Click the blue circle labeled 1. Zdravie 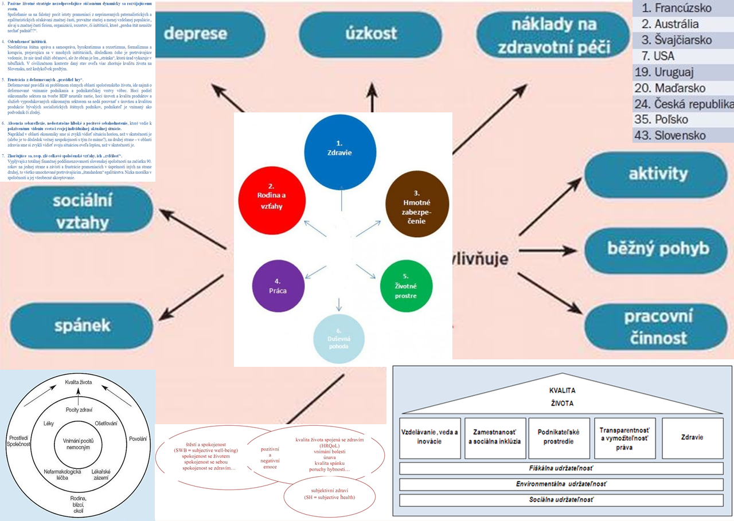pyautogui.click(x=341, y=148)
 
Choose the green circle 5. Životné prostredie pyautogui.click(x=405, y=286)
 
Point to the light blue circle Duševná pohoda pyautogui.click(x=339, y=339)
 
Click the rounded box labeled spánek pyautogui.click(x=74, y=326)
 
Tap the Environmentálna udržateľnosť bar pyautogui.click(x=561, y=484)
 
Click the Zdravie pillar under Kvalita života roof pyautogui.click(x=693, y=438)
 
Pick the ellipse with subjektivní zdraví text pyautogui.click(x=330, y=493)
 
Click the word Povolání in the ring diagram pyautogui.click(x=138, y=438)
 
